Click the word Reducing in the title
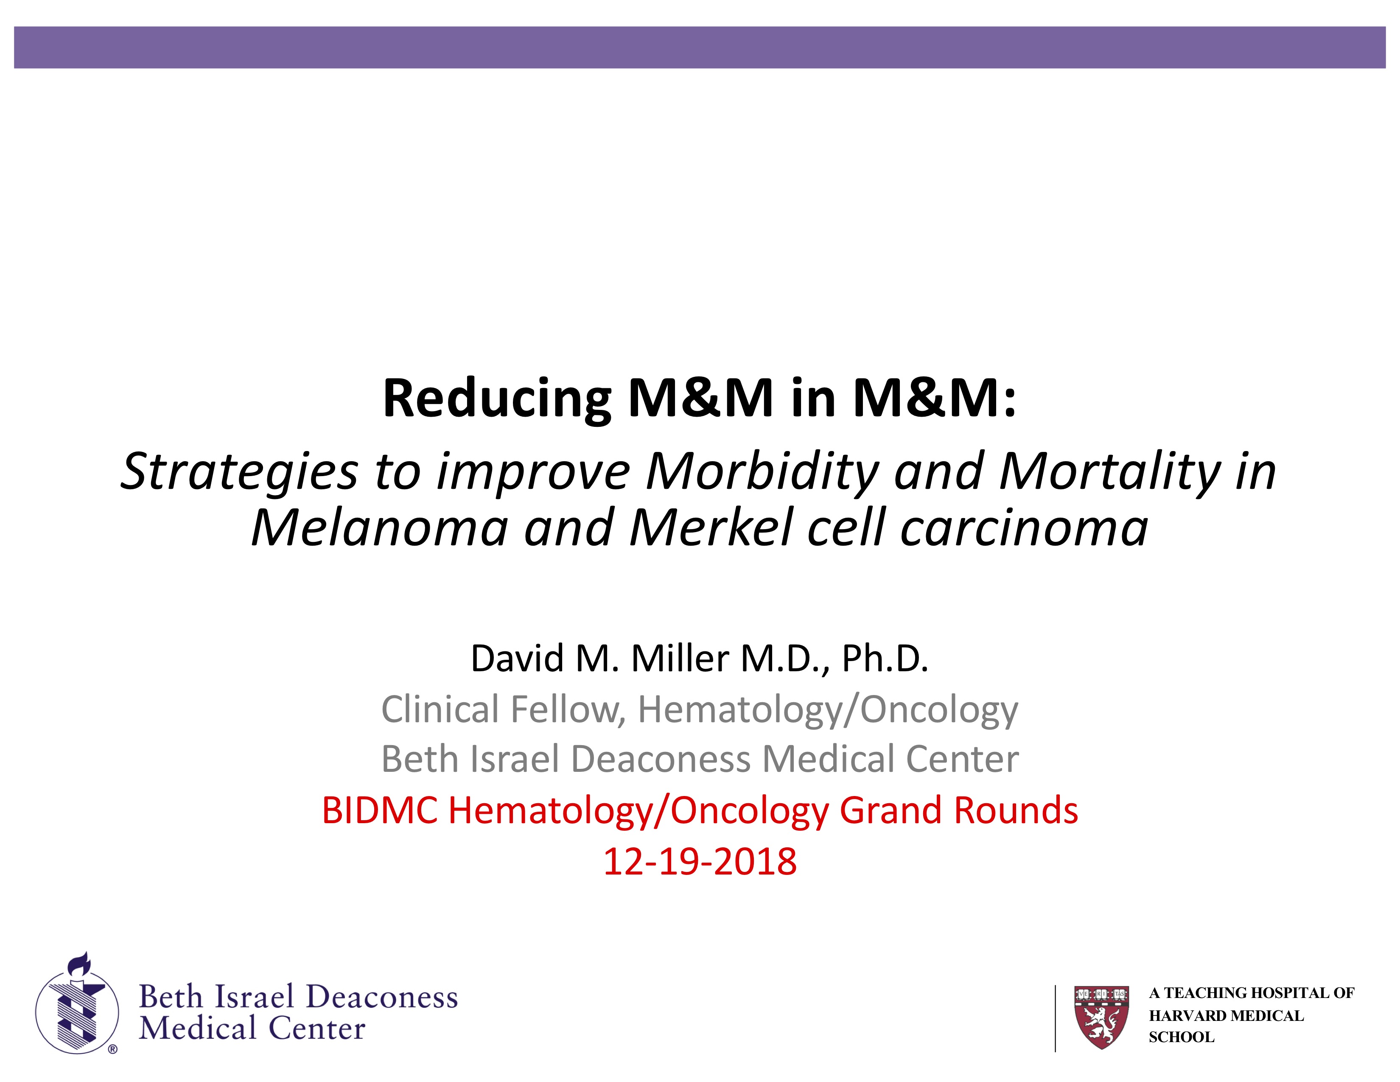(x=497, y=399)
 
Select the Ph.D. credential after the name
(x=885, y=658)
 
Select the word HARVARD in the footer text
(x=1179, y=1016)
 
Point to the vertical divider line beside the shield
(x=1055, y=1018)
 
